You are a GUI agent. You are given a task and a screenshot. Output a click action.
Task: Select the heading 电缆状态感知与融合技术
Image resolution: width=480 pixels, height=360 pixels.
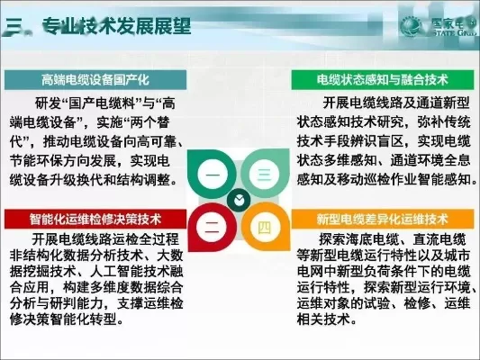tap(382, 79)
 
